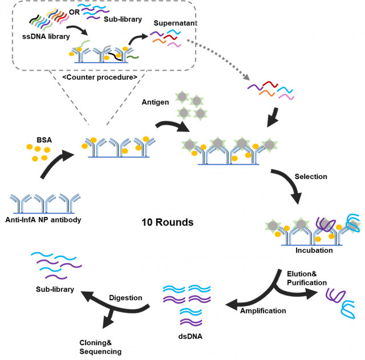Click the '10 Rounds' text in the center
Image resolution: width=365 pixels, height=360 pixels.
[167, 222]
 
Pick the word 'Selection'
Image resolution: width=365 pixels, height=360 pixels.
[311, 176]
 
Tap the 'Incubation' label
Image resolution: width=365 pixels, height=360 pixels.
[314, 250]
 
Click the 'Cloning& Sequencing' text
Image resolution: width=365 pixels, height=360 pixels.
[100, 346]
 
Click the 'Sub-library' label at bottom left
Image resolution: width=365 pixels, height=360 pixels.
[53, 289]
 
